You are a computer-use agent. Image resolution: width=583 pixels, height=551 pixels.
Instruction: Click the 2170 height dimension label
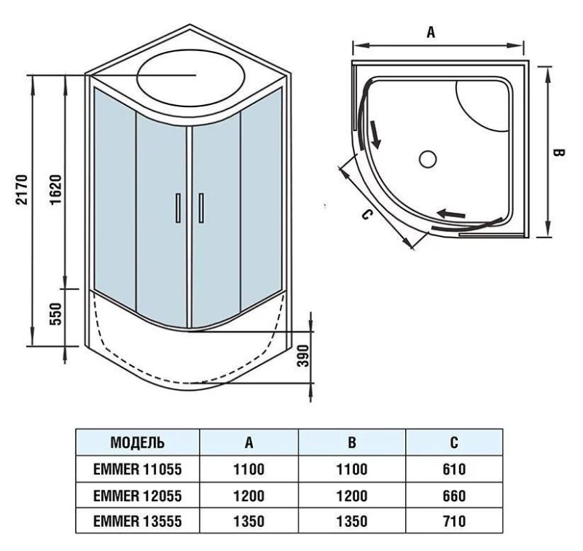22,189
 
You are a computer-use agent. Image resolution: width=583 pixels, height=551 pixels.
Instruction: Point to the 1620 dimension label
55,189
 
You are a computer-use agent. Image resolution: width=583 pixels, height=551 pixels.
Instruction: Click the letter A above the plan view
431,32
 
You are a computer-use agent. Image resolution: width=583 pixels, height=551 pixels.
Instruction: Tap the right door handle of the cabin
201,208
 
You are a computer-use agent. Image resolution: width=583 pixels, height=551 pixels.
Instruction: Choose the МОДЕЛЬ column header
137,442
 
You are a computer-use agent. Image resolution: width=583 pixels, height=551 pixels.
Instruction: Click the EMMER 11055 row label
137,470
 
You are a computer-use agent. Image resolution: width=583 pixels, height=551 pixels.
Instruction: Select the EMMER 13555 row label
137,522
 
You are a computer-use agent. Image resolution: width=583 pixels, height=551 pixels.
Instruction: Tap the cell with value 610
453,470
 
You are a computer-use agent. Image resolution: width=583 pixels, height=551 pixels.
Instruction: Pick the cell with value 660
453,496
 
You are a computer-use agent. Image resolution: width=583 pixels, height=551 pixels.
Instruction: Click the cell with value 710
453,522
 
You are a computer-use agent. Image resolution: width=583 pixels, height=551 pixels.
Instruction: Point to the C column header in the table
453,442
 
